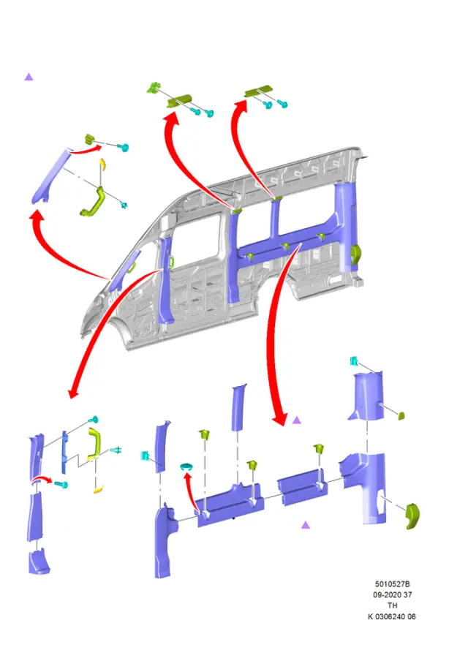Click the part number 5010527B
[392, 583]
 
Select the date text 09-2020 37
[392, 594]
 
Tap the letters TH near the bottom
[392, 605]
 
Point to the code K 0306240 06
[392, 616]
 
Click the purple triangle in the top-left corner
[29, 77]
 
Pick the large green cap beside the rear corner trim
[412, 516]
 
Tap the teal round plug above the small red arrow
[186, 467]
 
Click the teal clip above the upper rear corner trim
[354, 361]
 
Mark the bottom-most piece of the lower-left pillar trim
[39, 562]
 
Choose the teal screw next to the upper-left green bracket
[123, 147]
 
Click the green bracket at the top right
[258, 91]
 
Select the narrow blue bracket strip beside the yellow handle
[64, 451]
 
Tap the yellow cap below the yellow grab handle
[98, 489]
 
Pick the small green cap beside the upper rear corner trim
[401, 415]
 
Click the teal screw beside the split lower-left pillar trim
[61, 484]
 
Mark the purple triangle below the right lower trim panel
[306, 525]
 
